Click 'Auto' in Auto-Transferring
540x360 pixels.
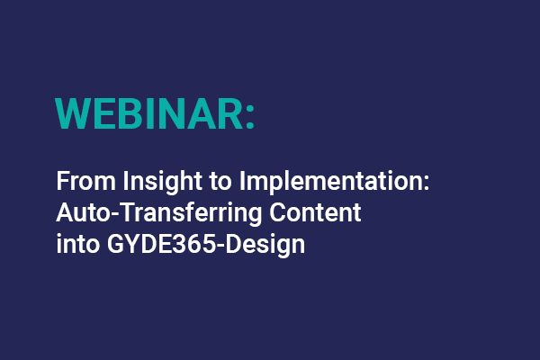pyautogui.click(x=77, y=213)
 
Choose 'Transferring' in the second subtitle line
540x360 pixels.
pyautogui.click(x=160, y=213)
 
